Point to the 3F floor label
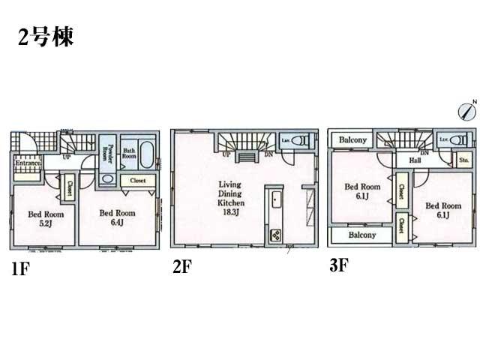[340, 265]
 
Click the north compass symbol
[466, 111]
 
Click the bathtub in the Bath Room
[146, 157]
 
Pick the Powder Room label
[109, 153]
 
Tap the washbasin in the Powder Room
[108, 179]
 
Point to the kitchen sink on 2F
[275, 200]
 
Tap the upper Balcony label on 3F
[352, 140]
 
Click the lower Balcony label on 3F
[361, 235]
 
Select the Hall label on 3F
[414, 160]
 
